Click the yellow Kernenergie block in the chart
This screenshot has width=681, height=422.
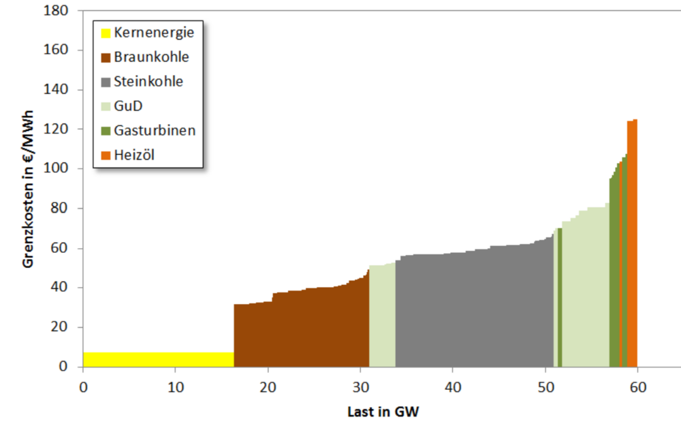pos(158,359)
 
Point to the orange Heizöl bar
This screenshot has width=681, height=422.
pos(632,245)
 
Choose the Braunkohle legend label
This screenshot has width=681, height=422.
pos(151,57)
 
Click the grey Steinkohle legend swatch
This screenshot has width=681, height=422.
pos(106,82)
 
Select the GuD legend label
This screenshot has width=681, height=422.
pos(129,106)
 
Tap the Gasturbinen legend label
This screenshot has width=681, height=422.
pos(155,131)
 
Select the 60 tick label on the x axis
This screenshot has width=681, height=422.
pos(637,386)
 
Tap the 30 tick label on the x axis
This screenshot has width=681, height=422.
pos(360,386)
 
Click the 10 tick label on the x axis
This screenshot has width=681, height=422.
pos(175,386)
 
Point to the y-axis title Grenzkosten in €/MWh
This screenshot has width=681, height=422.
pos(29,187)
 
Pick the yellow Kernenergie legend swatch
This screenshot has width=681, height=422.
pos(106,33)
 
